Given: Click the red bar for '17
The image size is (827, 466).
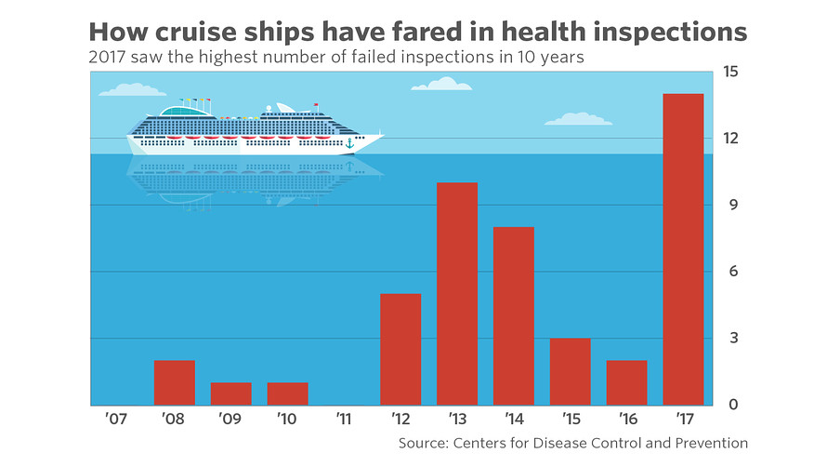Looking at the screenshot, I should coord(683,249).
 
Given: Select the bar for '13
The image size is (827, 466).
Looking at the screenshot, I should coord(457,294).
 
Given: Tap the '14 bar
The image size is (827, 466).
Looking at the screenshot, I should coord(514,316).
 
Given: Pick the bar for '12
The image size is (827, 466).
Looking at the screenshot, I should coord(400,350).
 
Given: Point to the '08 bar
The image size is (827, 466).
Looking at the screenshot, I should coord(174,382).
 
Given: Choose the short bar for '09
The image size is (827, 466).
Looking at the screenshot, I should coord(230,393).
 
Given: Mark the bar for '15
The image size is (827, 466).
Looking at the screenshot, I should coord(570,371).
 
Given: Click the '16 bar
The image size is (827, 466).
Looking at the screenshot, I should coord(626,382).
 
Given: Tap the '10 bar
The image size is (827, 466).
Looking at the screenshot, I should coord(287,393).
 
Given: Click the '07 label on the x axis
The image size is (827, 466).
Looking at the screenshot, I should coord(117,420).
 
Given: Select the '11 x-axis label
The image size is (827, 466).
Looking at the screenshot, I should coord(344,420).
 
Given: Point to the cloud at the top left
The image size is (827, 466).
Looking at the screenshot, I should coord(131,90).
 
